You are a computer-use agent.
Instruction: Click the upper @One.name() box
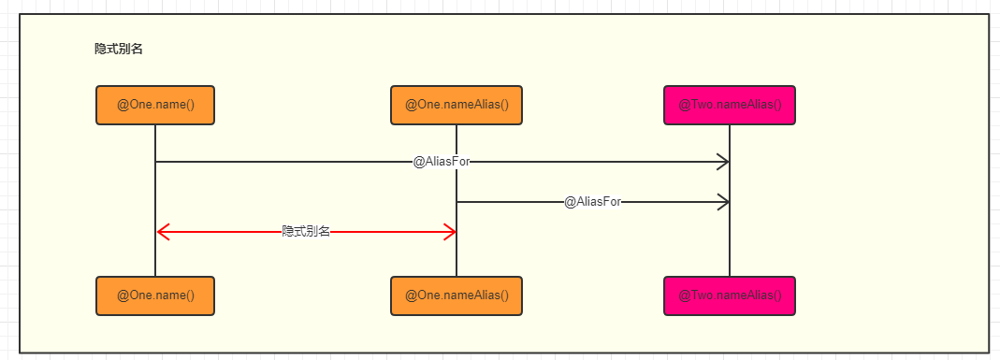[x=155, y=105]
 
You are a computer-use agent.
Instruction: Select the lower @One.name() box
[x=155, y=295]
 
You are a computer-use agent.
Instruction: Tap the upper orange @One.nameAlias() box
[x=457, y=105]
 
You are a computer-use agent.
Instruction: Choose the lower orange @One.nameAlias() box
[x=457, y=295]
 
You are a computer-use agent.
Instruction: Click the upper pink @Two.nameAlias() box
[x=730, y=105]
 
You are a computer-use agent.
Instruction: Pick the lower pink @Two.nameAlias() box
[x=730, y=295]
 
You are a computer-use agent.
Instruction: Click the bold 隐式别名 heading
[x=119, y=49]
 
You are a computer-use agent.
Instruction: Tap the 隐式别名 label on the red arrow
[x=306, y=232]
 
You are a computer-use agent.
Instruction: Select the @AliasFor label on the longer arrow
[x=442, y=162]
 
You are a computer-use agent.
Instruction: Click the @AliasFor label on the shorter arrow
[x=592, y=202]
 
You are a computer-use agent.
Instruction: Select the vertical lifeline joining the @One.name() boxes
[x=155, y=201]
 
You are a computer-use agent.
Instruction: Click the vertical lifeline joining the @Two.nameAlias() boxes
[x=730, y=201]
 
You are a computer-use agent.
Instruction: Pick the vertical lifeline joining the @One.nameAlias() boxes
[x=457, y=201]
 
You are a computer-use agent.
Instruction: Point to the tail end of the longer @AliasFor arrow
[x=156, y=162]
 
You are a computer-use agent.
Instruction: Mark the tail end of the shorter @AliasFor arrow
[x=457, y=202]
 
